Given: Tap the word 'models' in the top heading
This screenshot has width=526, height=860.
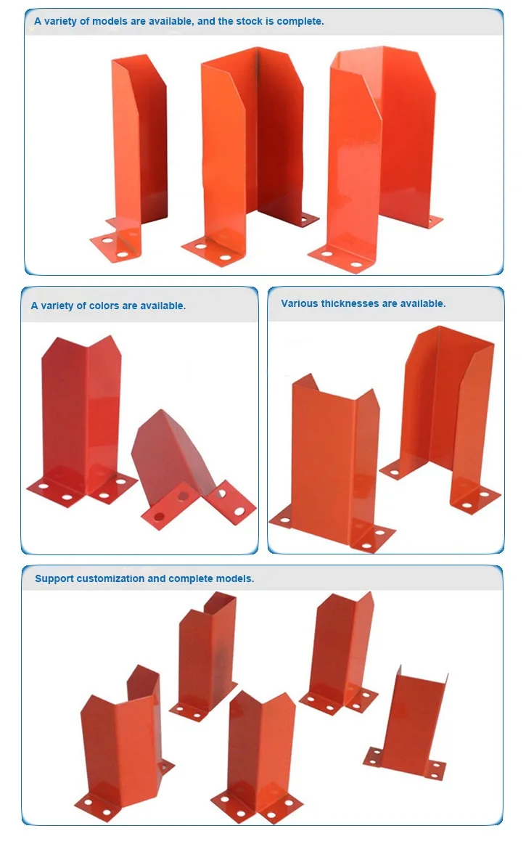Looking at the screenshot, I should click(x=110, y=21).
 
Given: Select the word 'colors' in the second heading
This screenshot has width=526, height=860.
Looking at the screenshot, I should click(x=103, y=306).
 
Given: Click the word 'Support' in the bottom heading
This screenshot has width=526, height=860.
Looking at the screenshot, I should click(x=54, y=578).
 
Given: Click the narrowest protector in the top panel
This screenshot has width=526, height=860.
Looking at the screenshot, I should click(x=138, y=145).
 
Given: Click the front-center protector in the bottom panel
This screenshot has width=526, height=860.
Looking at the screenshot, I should click(x=258, y=748).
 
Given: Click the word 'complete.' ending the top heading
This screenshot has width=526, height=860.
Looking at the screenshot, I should click(x=300, y=21).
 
